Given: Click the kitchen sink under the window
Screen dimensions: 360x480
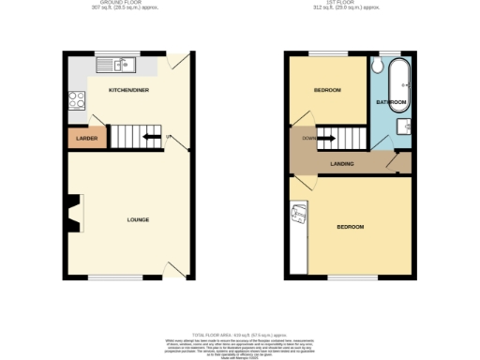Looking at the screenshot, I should click(119, 65).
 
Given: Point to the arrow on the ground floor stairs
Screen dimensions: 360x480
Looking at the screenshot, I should click(150, 138).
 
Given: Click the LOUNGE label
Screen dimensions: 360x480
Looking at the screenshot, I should click(138, 219).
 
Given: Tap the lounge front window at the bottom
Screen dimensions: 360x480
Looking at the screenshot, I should click(103, 277).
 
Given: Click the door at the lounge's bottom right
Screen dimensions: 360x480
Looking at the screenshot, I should click(173, 269).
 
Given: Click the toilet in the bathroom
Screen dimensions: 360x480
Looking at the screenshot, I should click(375, 66).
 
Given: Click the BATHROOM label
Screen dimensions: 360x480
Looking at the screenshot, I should click(391, 101).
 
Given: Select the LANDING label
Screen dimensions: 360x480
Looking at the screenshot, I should click(341, 165).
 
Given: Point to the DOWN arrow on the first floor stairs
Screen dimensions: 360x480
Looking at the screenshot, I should click(323, 140).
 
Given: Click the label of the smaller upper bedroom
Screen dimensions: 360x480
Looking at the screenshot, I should click(326, 90).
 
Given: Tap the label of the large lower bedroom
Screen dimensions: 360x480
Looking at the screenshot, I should click(350, 227).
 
